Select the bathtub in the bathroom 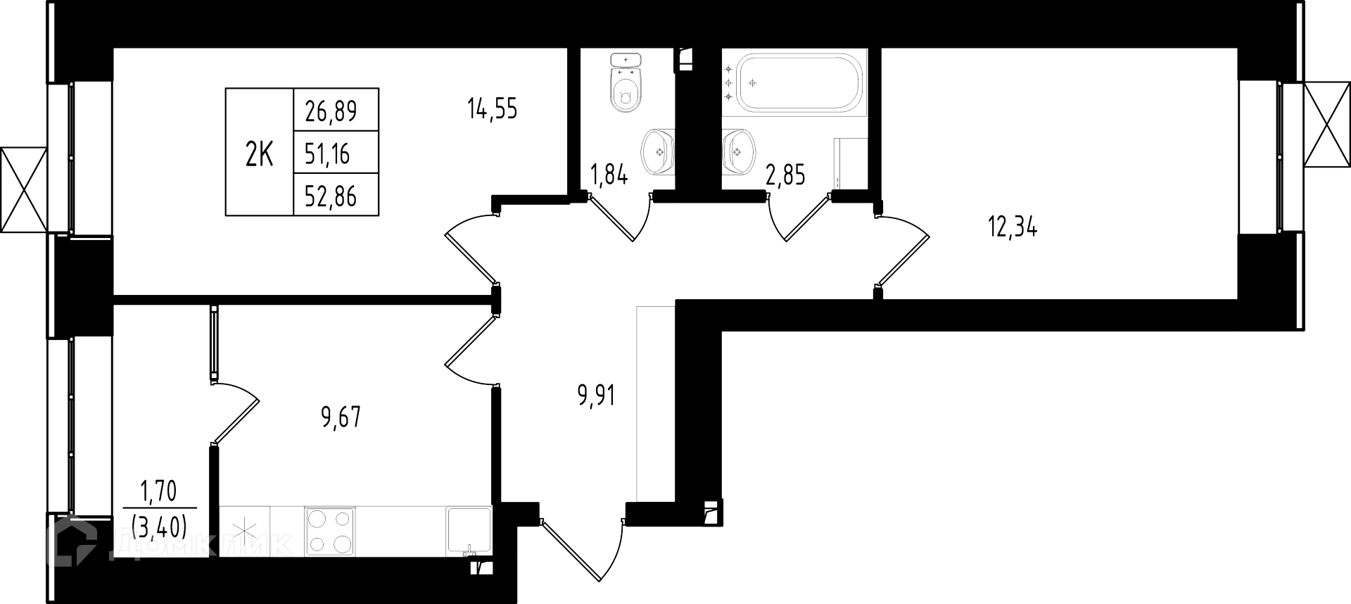(x=794, y=83)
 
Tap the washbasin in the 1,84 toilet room (x=659, y=151)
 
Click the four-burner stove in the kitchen (x=329, y=531)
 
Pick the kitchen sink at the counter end (x=468, y=531)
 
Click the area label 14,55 (x=492, y=109)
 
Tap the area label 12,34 (x=1013, y=228)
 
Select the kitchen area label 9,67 (x=341, y=417)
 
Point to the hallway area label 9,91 (x=596, y=396)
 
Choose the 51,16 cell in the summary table (x=327, y=153)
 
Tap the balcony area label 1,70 (x=158, y=491)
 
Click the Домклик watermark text (x=204, y=544)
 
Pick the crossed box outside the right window (x=1327, y=125)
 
